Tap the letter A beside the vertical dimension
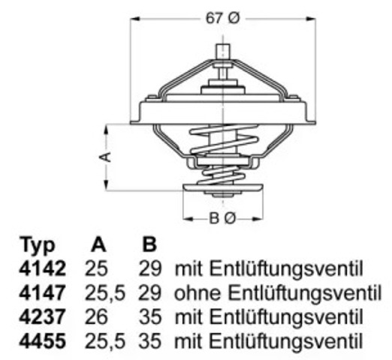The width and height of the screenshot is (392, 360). (x=106, y=156)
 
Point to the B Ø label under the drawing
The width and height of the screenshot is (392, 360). (x=222, y=218)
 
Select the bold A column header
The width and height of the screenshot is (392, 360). (x=97, y=245)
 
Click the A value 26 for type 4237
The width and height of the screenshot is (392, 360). (x=98, y=316)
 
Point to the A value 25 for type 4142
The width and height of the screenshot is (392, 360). (x=98, y=268)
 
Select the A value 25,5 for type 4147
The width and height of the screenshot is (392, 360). (x=104, y=292)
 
